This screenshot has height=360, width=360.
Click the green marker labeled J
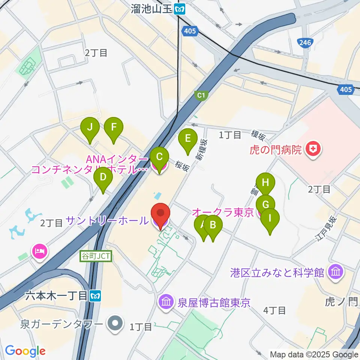tap(90, 127)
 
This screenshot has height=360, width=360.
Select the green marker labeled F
tap(114, 127)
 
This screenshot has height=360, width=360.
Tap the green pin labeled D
tap(103, 178)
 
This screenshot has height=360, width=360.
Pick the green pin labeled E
tap(188, 139)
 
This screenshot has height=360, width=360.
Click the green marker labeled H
tap(265, 183)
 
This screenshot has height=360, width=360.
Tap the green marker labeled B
tap(213, 225)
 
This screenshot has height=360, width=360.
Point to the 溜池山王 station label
tap(151, 9)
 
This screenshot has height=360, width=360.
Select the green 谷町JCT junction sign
tap(96, 256)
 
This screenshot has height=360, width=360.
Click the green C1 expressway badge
tap(201, 96)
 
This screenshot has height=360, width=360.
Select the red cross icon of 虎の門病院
tap(312, 150)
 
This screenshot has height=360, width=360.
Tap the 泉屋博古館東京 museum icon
tap(165, 302)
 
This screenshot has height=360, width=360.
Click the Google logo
tap(25, 351)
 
